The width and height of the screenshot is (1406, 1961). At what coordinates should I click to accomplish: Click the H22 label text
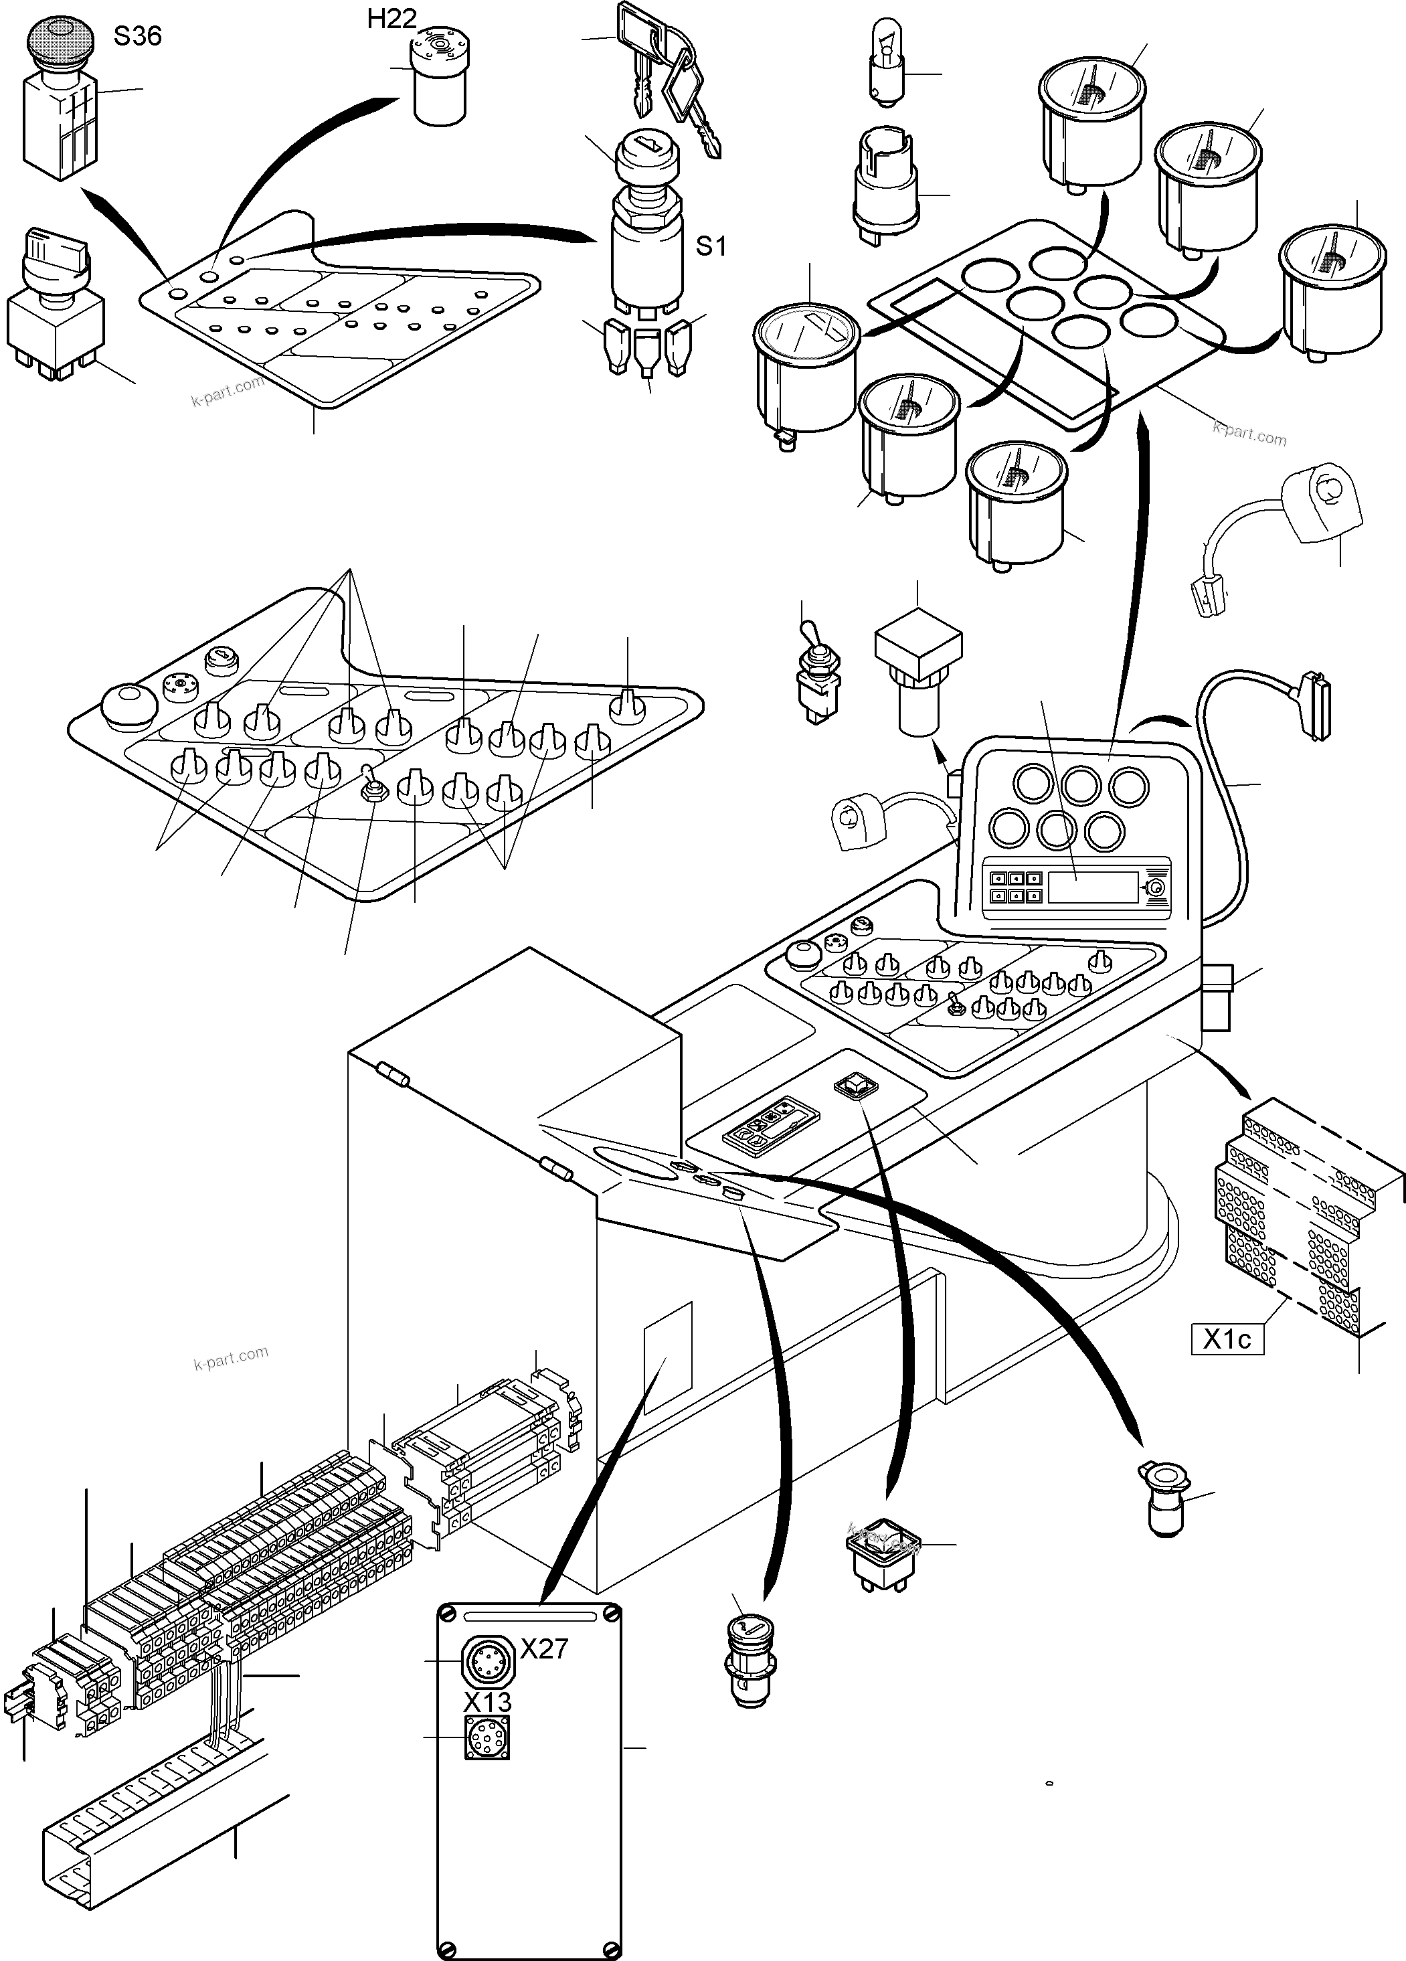pos(391,18)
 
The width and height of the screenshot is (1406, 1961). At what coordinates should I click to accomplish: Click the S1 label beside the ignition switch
pos(711,246)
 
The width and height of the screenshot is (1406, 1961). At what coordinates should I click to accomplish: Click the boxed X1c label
pos(1227,1339)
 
